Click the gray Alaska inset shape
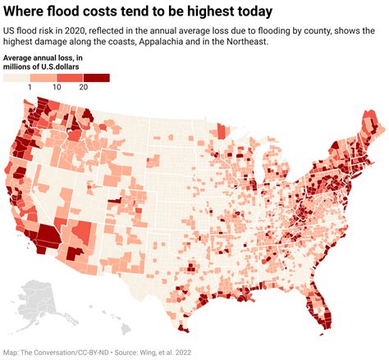pyautogui.click(x=37, y=303)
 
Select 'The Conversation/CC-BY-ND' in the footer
pyautogui.click(x=71, y=353)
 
